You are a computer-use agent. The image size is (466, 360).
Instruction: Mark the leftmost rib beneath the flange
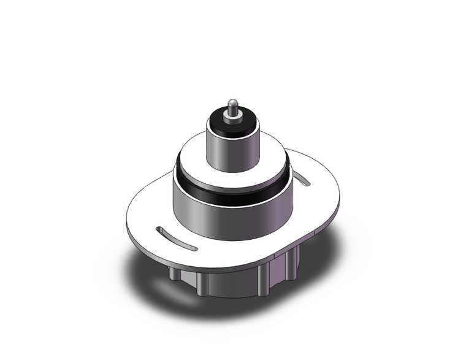(x=174, y=275)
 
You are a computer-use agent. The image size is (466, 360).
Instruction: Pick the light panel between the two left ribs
(x=188, y=279)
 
